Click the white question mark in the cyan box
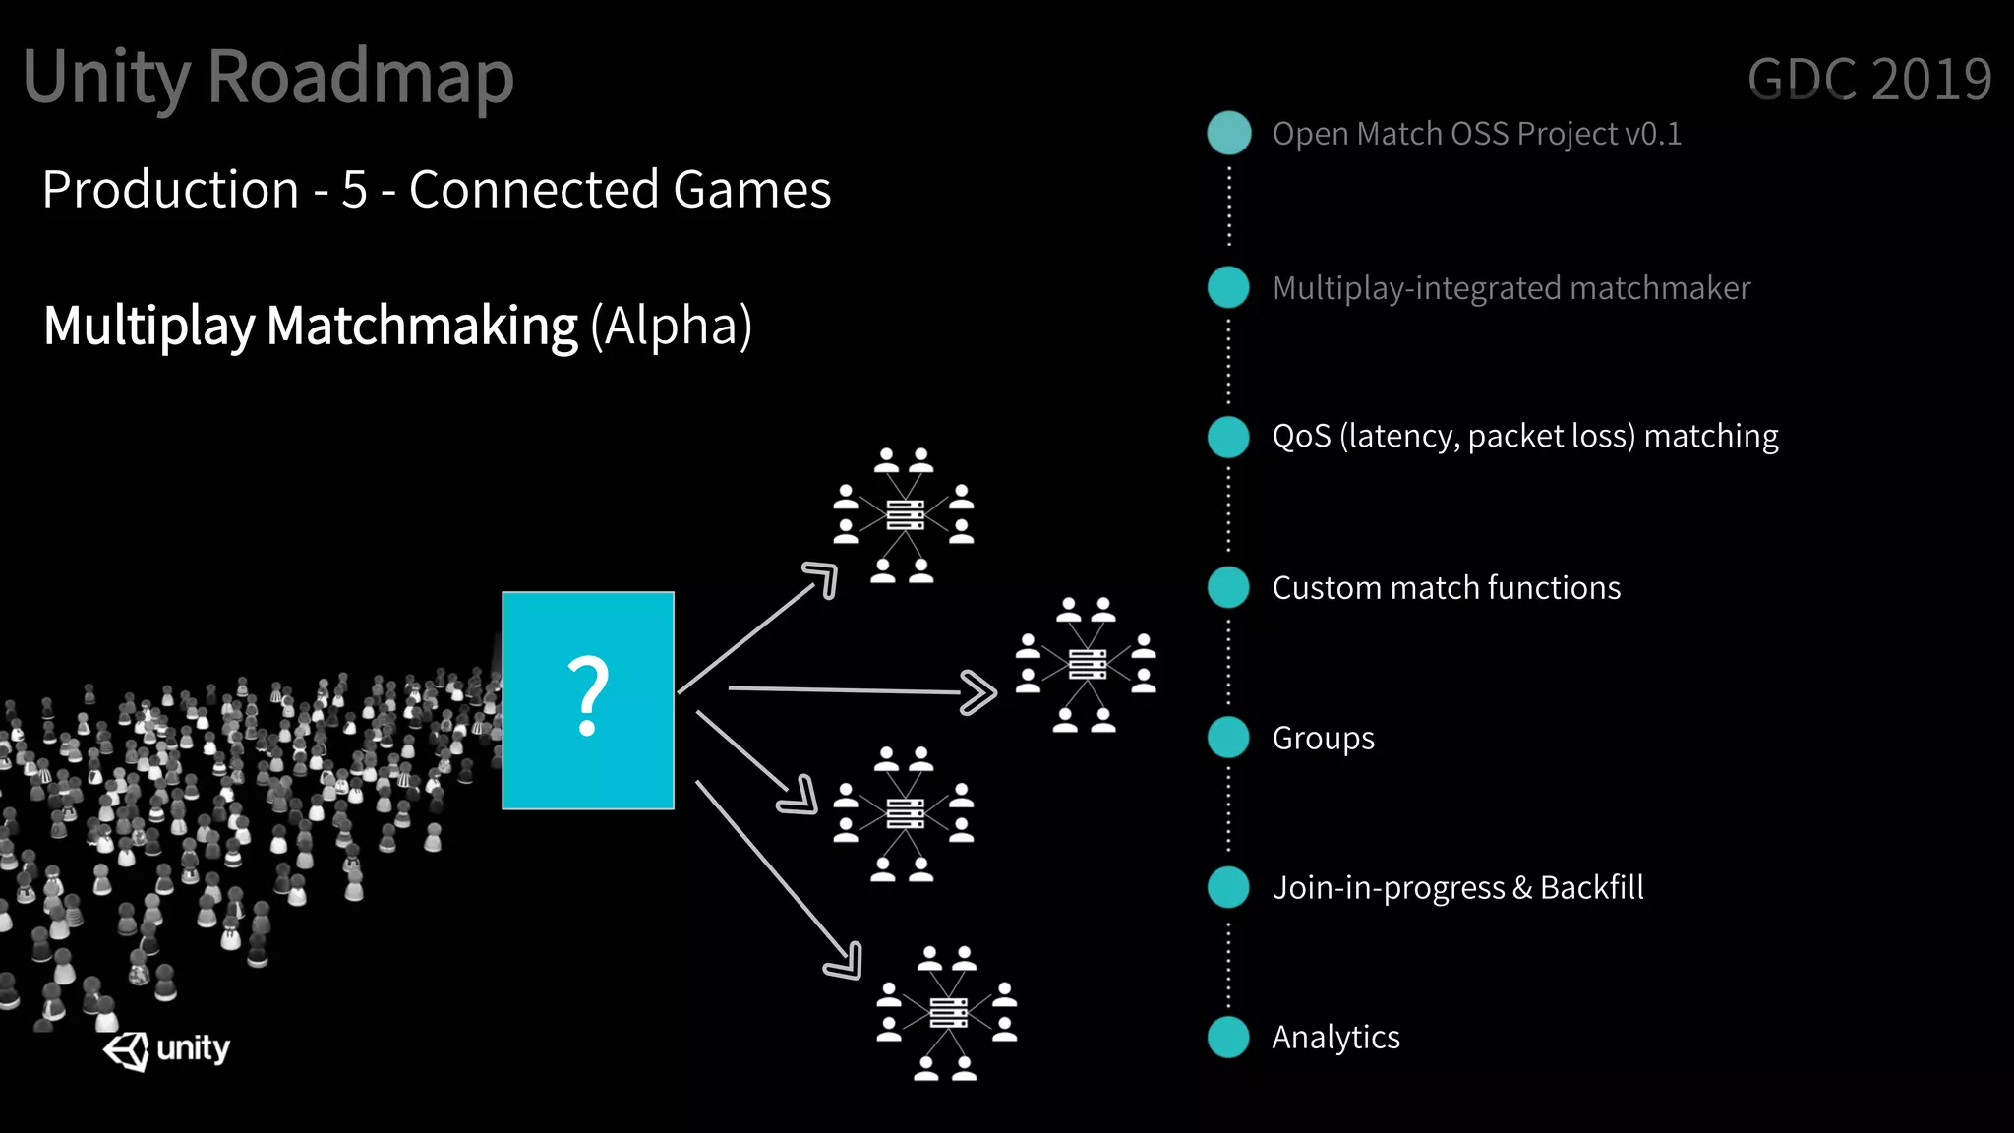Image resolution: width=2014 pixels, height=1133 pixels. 588,695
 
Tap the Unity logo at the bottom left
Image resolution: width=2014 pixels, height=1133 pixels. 165,1049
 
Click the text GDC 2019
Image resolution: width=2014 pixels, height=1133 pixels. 1868,80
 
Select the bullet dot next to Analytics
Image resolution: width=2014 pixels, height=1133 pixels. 1228,1037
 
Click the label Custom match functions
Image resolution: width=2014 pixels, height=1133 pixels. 1446,588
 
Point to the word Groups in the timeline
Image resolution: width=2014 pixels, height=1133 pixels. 1323,739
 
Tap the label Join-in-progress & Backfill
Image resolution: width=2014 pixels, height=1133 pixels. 1457,888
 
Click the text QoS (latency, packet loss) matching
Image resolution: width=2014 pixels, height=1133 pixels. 1524,436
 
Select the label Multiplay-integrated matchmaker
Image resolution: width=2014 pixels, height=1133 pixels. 1510,288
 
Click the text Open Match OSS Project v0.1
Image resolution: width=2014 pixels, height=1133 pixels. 1476,134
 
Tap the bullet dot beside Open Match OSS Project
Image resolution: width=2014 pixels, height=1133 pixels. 1228,133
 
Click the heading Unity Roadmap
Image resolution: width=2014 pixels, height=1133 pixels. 268,77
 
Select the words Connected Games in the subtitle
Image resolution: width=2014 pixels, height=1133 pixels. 620,190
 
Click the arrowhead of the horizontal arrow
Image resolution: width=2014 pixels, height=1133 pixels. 979,692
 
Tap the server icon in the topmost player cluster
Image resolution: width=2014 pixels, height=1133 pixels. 905,514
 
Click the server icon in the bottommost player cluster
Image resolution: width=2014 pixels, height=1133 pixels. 948,1012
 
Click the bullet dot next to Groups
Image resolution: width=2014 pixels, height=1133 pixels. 1228,738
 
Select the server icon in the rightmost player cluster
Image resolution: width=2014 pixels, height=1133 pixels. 1087,665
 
